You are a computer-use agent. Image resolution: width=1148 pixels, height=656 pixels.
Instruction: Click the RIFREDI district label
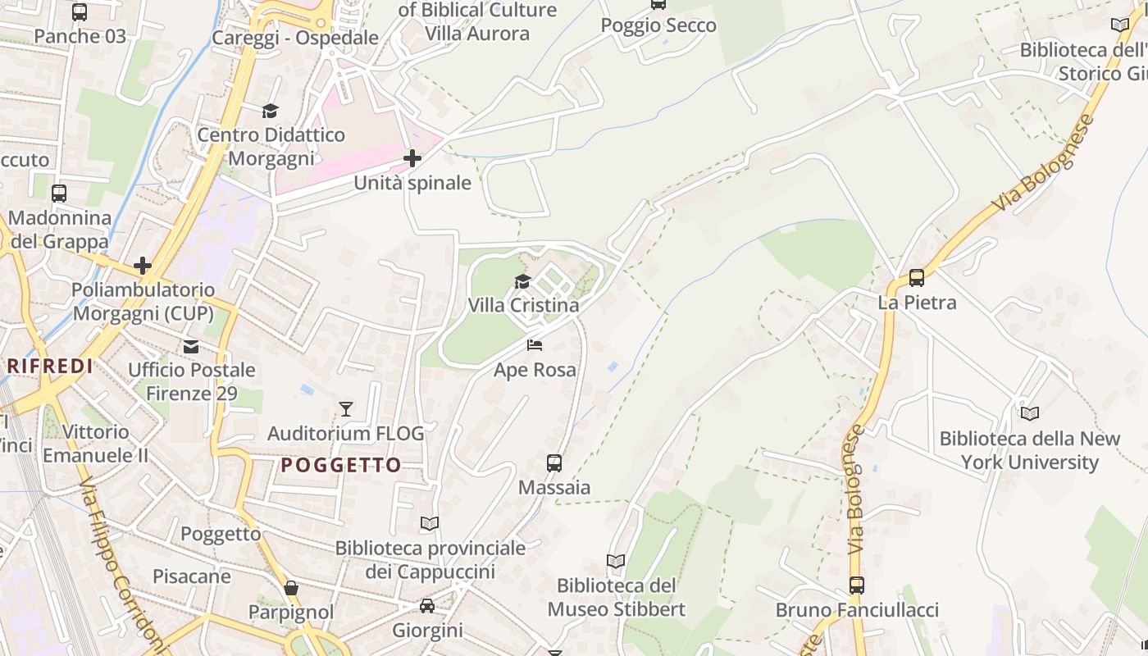tap(50, 366)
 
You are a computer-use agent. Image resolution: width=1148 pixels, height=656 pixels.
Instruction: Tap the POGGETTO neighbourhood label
tap(341, 465)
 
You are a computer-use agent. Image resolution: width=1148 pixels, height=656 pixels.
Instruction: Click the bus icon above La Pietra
tap(917, 278)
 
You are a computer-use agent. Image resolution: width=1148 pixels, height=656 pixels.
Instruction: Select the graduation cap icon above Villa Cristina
tap(522, 282)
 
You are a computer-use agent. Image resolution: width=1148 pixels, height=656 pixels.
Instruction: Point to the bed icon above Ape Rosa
tap(535, 345)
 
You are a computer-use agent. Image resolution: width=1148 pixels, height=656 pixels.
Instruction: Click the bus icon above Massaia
tap(554, 462)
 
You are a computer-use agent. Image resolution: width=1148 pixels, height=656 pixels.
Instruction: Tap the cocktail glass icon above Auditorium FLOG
tap(346, 408)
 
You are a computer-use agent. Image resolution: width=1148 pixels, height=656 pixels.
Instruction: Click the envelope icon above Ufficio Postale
tap(191, 346)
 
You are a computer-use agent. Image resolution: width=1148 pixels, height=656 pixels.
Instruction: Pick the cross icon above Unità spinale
tap(412, 158)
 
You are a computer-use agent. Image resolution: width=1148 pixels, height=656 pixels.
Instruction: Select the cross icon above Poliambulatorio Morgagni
tap(143, 266)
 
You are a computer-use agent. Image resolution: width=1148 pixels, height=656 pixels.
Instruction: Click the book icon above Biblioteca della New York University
tap(1030, 413)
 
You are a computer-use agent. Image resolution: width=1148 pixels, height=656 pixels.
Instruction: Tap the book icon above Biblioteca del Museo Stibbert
tap(616, 561)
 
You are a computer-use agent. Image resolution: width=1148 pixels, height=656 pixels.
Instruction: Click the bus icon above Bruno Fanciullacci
tap(857, 585)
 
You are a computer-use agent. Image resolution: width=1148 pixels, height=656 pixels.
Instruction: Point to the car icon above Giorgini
tap(427, 606)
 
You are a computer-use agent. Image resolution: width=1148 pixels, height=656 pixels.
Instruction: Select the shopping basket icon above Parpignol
tap(291, 588)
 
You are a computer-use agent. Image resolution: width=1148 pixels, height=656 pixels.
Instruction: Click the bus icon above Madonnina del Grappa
tap(59, 194)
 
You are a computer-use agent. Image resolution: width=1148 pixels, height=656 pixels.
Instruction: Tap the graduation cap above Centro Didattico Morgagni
tap(271, 111)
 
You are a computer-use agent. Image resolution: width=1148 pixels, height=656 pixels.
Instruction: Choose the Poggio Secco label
tap(658, 25)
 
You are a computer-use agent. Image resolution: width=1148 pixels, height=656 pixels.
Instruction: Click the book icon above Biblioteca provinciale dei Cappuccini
tap(430, 523)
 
